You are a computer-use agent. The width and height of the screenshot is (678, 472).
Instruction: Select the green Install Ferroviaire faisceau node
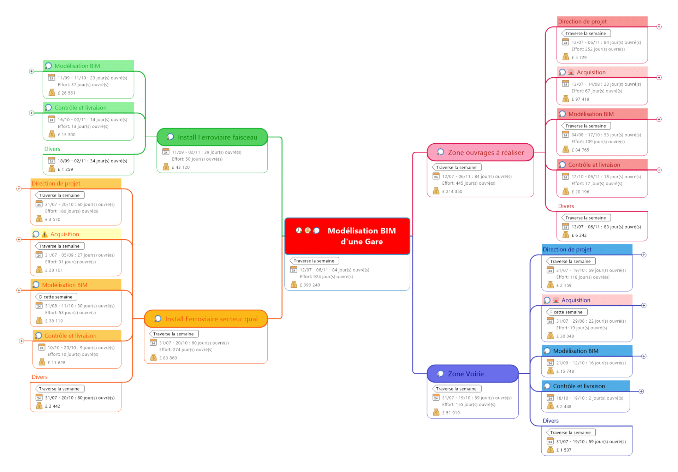pyautogui.click(x=217, y=137)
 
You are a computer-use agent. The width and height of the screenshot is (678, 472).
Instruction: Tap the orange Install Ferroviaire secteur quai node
pyautogui.click(x=211, y=319)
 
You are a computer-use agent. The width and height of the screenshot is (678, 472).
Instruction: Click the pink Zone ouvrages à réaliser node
pyautogui.click(x=486, y=153)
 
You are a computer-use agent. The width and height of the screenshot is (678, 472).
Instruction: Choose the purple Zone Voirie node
pyautogui.click(x=465, y=374)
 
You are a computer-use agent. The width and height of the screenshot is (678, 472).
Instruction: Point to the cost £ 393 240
pyautogui.click(x=310, y=285)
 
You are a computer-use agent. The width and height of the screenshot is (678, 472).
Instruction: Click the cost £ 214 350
pyautogui.click(x=452, y=191)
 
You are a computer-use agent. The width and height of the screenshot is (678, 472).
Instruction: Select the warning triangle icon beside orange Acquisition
pyautogui.click(x=44, y=234)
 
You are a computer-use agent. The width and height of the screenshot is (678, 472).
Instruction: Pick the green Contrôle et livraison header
pyautogui.click(x=80, y=108)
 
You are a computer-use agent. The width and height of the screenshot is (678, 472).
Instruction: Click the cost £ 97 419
pyautogui.click(x=580, y=99)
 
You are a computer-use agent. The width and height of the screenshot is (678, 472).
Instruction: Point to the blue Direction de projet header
pyautogui.click(x=567, y=250)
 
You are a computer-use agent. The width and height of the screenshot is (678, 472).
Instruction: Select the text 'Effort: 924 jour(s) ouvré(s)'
pyautogui.click(x=326, y=277)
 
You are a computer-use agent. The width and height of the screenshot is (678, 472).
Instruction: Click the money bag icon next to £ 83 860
pyautogui.click(x=153, y=358)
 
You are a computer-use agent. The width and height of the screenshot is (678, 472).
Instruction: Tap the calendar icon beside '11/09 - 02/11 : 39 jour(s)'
pyautogui.click(x=166, y=152)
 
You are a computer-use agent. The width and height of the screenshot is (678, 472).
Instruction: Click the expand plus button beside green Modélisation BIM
pyautogui.click(x=31, y=71)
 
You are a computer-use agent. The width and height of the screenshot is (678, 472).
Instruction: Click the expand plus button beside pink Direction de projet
pyautogui.click(x=659, y=27)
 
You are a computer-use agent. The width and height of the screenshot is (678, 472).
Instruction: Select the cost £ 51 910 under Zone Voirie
pyautogui.click(x=451, y=413)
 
